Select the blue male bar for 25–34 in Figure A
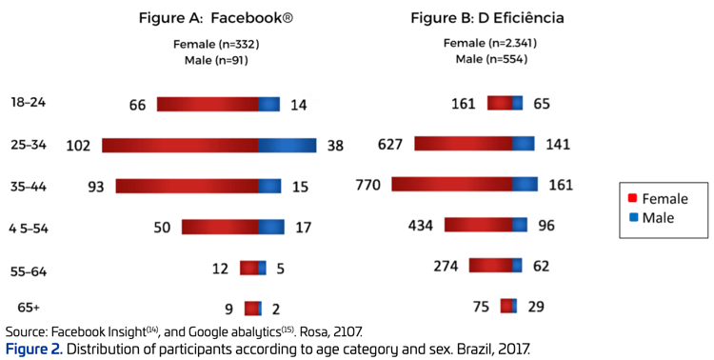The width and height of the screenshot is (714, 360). point(287,146)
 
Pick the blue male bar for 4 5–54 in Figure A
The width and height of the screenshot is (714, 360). point(271,227)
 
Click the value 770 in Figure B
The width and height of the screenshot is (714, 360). point(367,185)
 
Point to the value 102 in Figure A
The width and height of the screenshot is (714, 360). point(78,146)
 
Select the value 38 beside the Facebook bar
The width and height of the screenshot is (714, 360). point(334,146)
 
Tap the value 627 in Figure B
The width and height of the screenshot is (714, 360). point(389,144)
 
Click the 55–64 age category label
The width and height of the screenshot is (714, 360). point(29,271)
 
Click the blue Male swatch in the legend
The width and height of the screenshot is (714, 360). point(632,218)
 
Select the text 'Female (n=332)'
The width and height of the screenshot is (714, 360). point(216,44)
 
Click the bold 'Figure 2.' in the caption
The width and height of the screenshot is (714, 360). point(35,349)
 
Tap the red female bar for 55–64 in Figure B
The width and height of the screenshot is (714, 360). point(490,266)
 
